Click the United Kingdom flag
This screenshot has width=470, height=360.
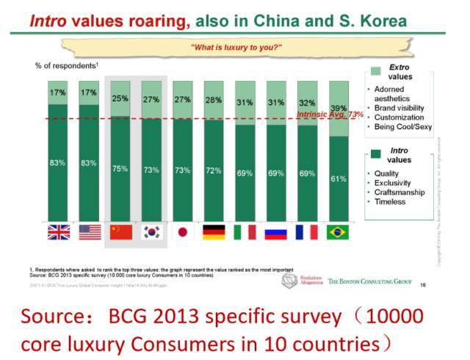tap(58, 231)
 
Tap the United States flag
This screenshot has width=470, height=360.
tap(89, 231)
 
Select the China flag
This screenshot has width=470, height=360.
tap(120, 231)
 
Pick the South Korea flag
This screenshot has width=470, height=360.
tap(151, 231)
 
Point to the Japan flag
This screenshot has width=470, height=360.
tap(183, 231)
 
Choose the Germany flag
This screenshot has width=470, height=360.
tap(214, 231)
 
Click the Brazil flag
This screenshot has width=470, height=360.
tap(339, 231)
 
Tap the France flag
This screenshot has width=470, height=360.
tap(307, 231)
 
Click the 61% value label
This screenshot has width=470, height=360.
tap(339, 179)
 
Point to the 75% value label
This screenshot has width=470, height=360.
tap(120, 168)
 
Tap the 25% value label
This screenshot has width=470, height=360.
tap(120, 97)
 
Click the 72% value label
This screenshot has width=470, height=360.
tap(214, 170)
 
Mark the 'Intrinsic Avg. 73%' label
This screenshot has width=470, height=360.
tap(330, 115)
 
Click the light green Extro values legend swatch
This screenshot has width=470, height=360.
tap(376, 71)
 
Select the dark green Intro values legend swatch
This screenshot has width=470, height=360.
tap(376, 154)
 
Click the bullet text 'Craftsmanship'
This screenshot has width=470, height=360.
tap(399, 192)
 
